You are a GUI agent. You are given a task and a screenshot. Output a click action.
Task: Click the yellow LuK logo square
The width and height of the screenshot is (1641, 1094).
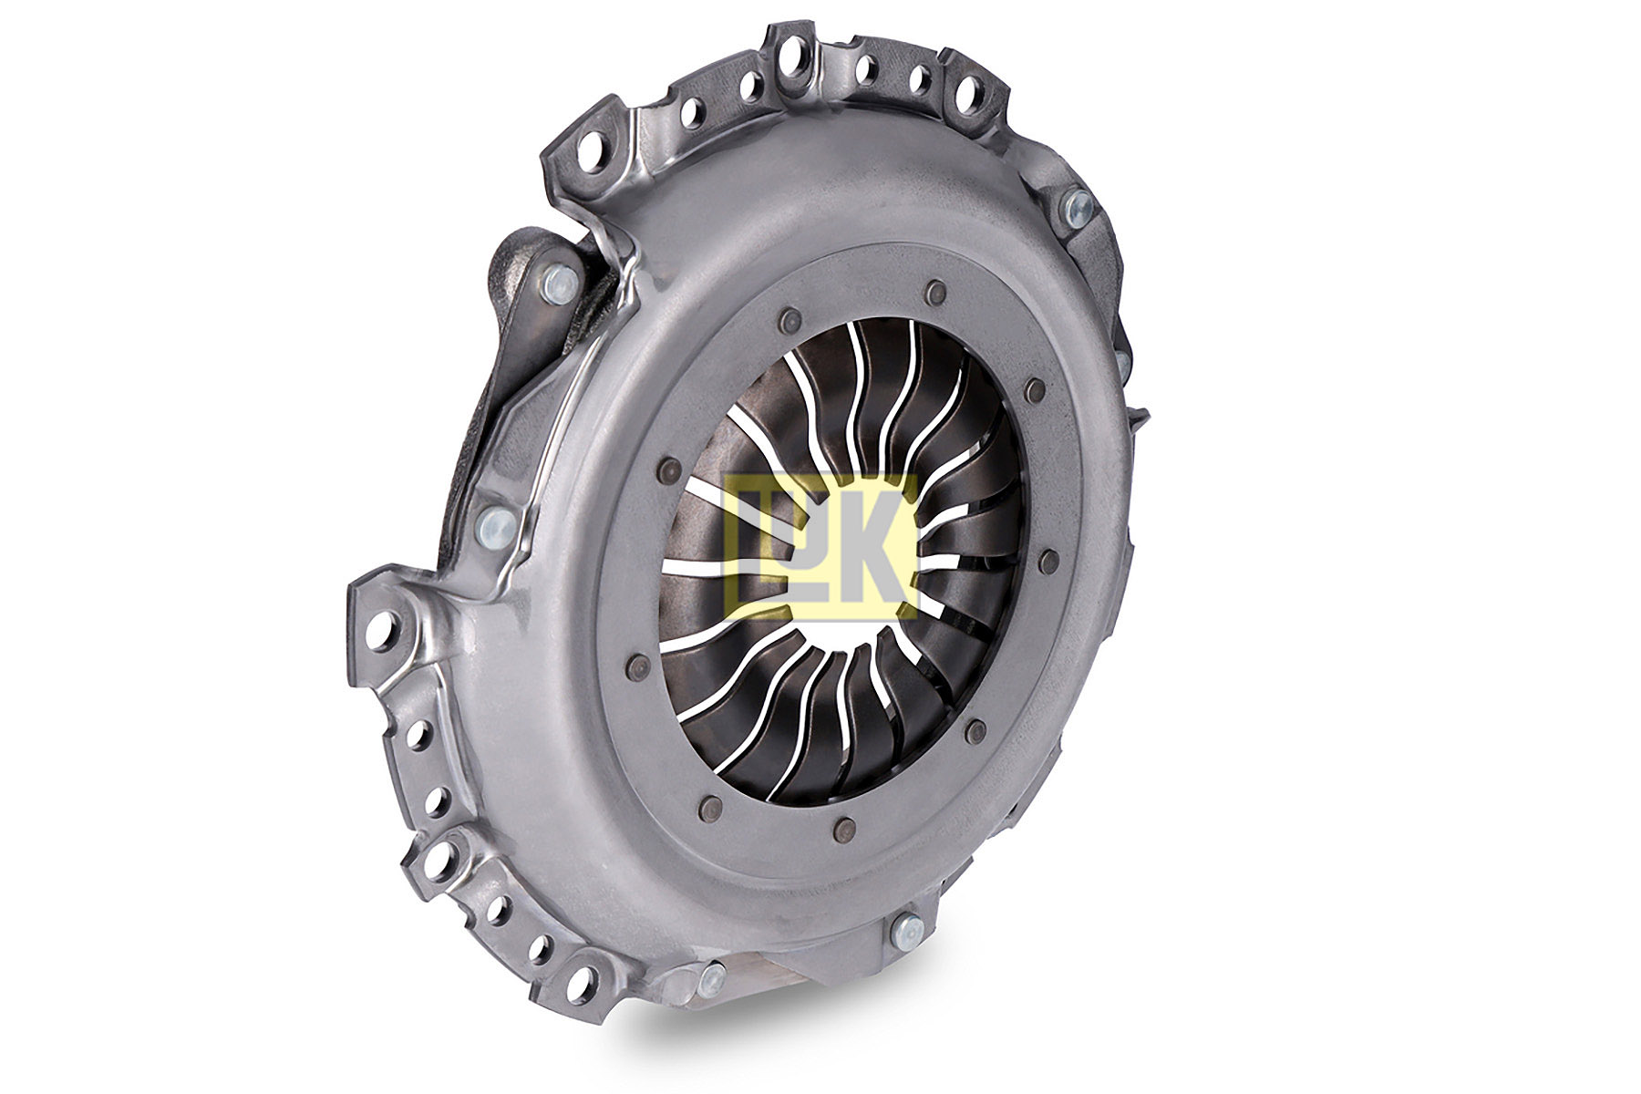point(820,547)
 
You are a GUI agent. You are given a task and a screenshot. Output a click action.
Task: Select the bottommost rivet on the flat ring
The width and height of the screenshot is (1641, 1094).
point(846,828)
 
